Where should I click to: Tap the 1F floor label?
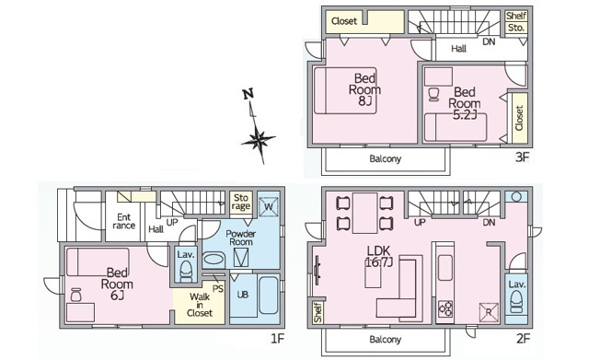pos(277,339)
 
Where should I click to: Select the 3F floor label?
pos(522,157)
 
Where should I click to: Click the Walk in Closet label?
pos(200,305)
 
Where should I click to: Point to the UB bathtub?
pos(270,295)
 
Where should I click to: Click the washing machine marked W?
pos(269,207)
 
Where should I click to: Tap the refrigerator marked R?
pos(489,312)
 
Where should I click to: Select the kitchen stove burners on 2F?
pos(445,308)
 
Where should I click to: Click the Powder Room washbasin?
pos(213,259)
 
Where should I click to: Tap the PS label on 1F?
pos(218,288)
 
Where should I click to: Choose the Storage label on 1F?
pos(241,203)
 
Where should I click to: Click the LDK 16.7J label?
pos(378,257)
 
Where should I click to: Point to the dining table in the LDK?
pos(364,214)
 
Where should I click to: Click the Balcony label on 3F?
pos(386,159)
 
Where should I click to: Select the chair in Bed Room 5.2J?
pos(433,94)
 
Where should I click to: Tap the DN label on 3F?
pos(489,41)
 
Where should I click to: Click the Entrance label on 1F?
pos(124,221)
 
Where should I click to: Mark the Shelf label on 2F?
pos(317,312)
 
